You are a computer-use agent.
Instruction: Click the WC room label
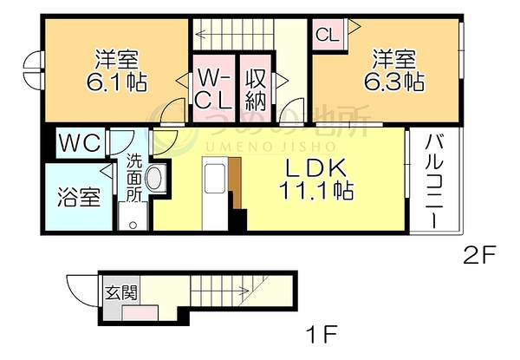(x=80, y=143)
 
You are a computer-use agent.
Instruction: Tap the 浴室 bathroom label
(x=79, y=197)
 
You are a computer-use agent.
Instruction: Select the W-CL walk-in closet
(x=213, y=88)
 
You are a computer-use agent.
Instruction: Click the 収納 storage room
(x=256, y=88)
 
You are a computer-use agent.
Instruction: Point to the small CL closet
(x=328, y=34)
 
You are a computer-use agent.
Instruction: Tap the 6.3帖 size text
(x=394, y=82)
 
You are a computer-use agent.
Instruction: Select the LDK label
(x=316, y=168)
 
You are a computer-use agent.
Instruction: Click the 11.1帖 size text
(x=316, y=190)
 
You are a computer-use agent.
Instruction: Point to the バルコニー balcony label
(x=434, y=180)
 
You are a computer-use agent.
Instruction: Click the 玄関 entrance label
(x=121, y=293)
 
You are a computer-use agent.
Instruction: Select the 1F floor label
(x=322, y=334)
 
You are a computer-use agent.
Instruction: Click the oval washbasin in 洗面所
(x=154, y=178)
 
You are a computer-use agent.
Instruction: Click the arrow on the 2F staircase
(x=234, y=34)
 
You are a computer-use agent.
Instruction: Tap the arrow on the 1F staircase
(x=220, y=291)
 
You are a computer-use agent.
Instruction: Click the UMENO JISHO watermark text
(x=270, y=147)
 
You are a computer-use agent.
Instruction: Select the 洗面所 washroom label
(x=134, y=177)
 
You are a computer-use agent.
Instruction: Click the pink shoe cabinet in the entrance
(x=140, y=313)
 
